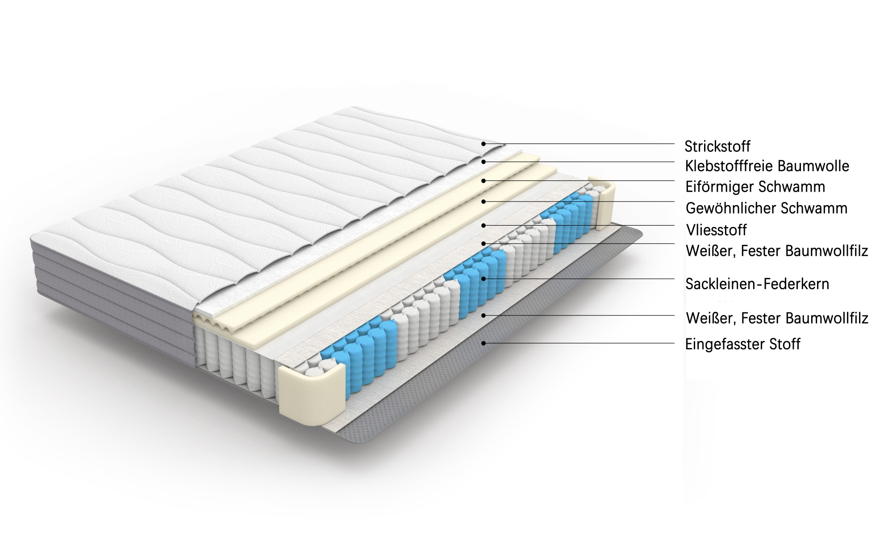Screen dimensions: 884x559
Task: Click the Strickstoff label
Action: click(717, 146)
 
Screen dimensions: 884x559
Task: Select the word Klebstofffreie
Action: click(730, 166)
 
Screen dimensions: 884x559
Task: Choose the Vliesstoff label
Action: click(717, 230)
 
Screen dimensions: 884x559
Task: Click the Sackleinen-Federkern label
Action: click(757, 284)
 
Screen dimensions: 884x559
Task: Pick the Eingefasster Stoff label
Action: click(743, 344)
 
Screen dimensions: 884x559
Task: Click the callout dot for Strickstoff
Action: click(483, 143)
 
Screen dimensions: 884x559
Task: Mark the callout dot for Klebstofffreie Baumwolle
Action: click(483, 161)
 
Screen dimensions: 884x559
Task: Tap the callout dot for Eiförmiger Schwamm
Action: click(483, 181)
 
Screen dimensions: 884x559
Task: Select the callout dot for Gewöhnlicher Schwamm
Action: click(483, 202)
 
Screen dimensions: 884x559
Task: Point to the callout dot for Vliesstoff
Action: click(483, 225)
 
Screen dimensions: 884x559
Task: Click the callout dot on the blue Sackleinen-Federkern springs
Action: click(483, 279)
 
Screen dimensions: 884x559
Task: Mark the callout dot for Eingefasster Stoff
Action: click(483, 343)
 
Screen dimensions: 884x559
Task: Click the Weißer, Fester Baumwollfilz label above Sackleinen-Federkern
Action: click(777, 251)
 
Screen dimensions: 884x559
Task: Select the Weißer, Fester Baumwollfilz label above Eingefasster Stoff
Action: click(777, 318)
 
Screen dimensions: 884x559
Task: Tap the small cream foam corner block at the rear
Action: click(602, 202)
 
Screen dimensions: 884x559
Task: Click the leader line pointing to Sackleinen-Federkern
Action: click(579, 279)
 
